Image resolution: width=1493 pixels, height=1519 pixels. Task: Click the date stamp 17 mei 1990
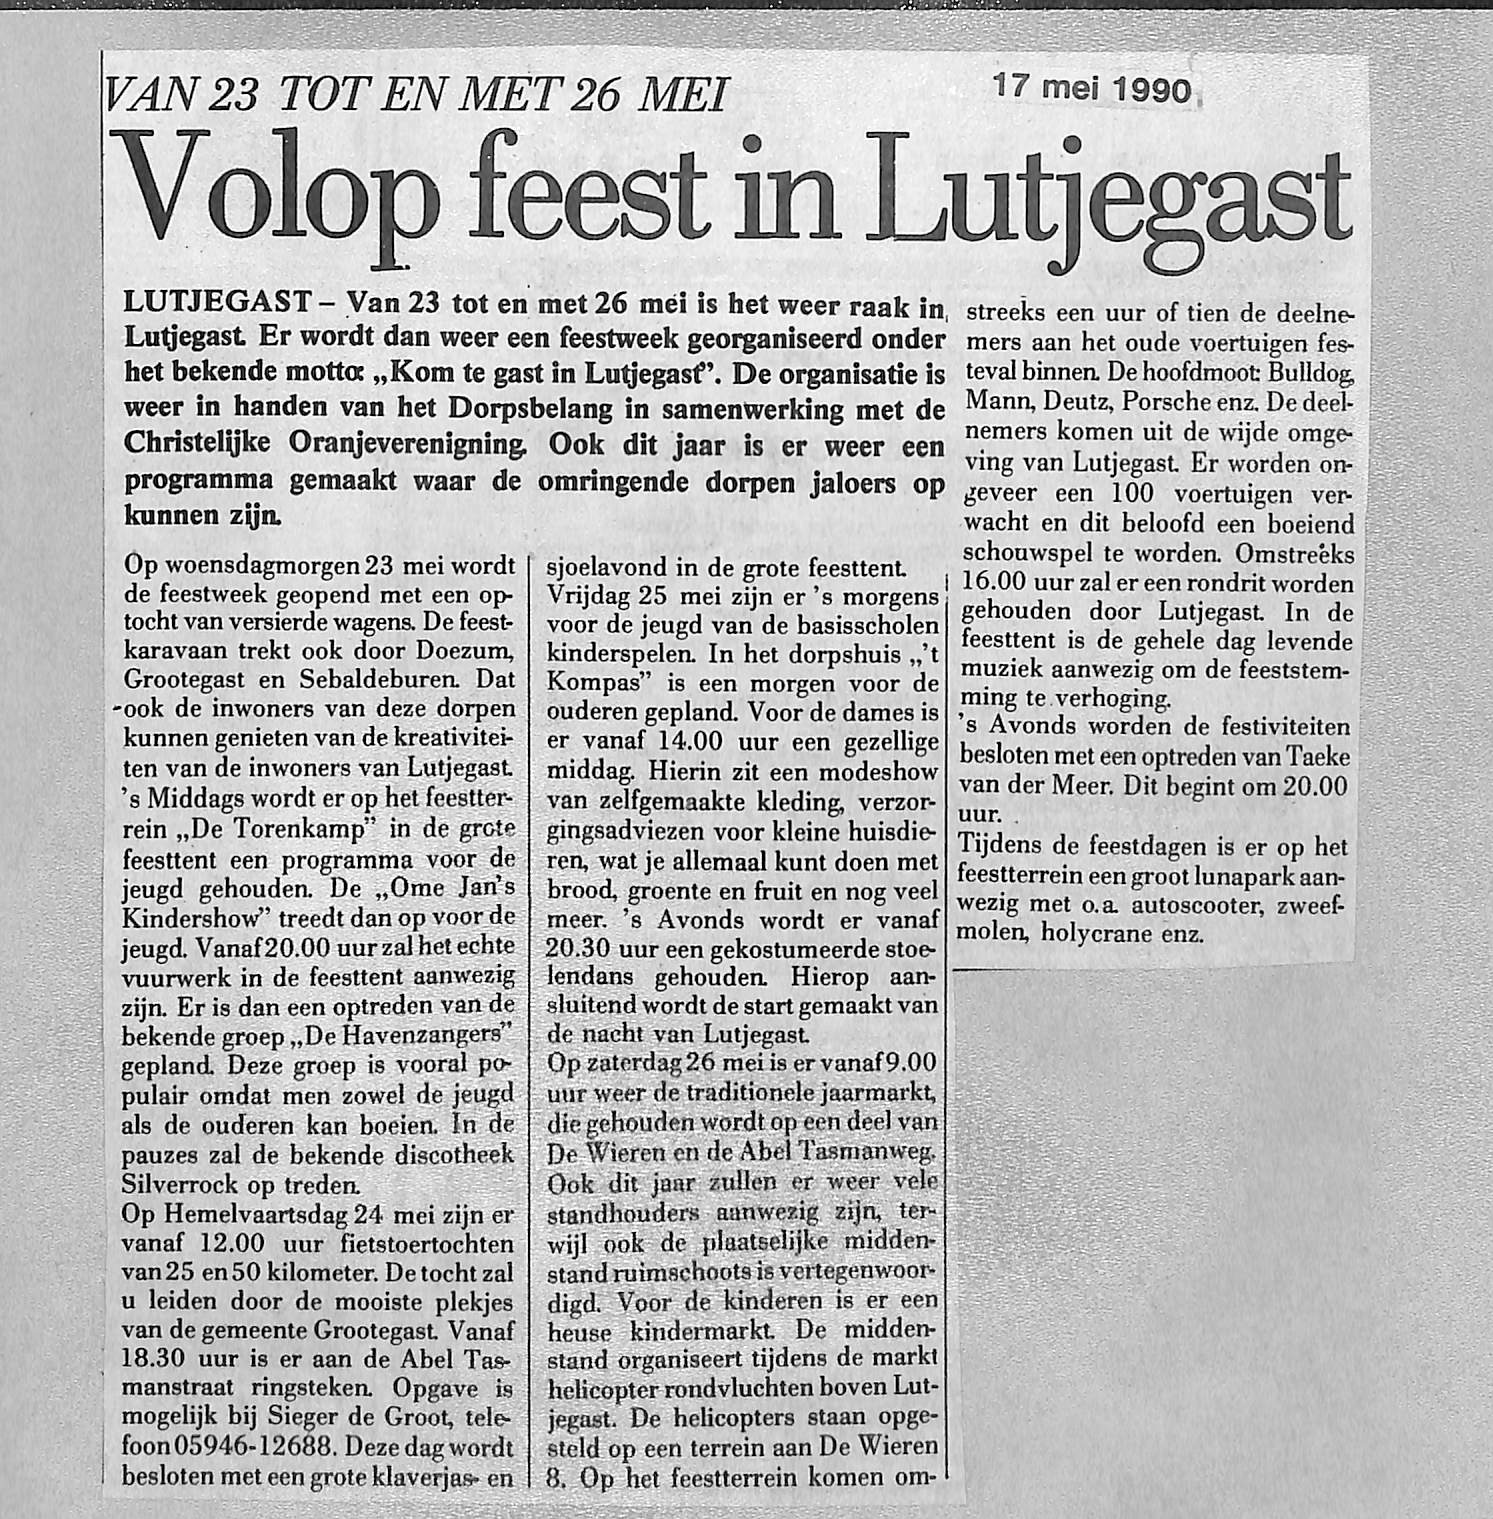[x=1093, y=90]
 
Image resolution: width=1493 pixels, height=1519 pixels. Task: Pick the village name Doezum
[x=465, y=652]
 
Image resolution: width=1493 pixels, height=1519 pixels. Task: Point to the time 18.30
[x=154, y=1360]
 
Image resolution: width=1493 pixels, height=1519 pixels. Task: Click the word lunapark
[x=1250, y=876]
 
